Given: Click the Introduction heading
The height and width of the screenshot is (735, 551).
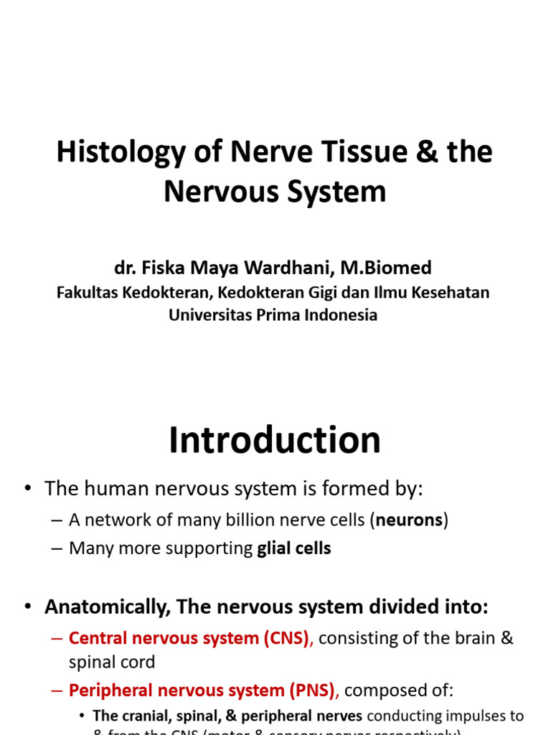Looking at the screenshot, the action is pyautogui.click(x=275, y=440).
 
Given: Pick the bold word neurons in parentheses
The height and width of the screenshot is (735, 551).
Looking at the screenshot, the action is pyautogui.click(x=408, y=520).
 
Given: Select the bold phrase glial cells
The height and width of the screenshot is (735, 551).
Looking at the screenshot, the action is pyautogui.click(x=294, y=548).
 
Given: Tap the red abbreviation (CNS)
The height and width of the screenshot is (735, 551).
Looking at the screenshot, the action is pyautogui.click(x=286, y=638).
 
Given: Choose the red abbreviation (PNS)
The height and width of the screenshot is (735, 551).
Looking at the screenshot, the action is pyautogui.click(x=311, y=690).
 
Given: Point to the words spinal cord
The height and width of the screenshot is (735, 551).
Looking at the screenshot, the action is pyautogui.click(x=112, y=662).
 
